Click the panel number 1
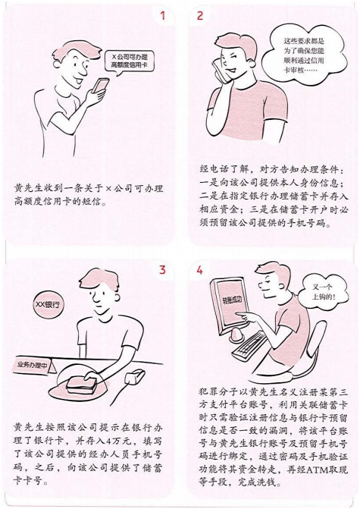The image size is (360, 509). coord(161,16)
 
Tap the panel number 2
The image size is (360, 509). coord(200,16)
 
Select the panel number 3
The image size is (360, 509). coord(161,269)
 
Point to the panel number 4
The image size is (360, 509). coord(200,269)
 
